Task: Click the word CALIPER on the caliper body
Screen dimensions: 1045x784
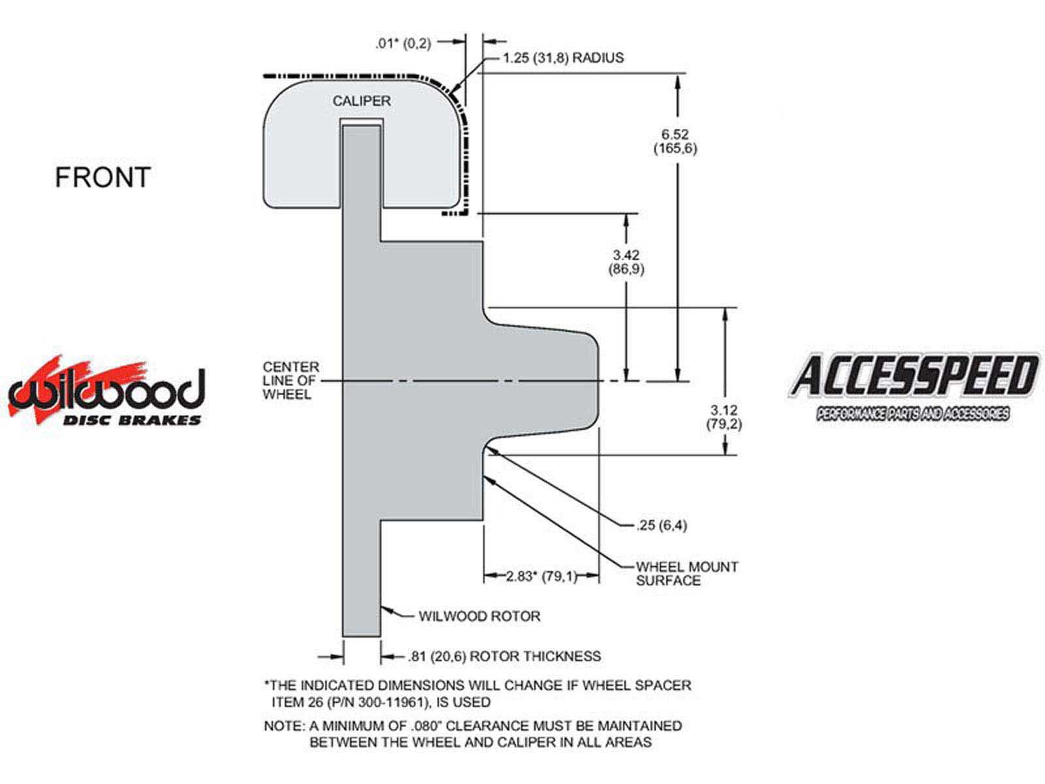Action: point(361,101)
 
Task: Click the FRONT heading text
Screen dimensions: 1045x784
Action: point(103,177)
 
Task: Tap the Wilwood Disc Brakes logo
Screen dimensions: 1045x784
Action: point(106,391)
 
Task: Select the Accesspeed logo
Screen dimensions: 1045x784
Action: point(913,387)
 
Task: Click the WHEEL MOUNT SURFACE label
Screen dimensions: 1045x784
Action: point(686,574)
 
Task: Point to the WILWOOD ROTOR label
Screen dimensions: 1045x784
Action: point(479,617)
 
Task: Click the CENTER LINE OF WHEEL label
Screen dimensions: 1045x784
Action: point(291,380)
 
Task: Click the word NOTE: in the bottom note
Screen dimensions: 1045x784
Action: point(284,726)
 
